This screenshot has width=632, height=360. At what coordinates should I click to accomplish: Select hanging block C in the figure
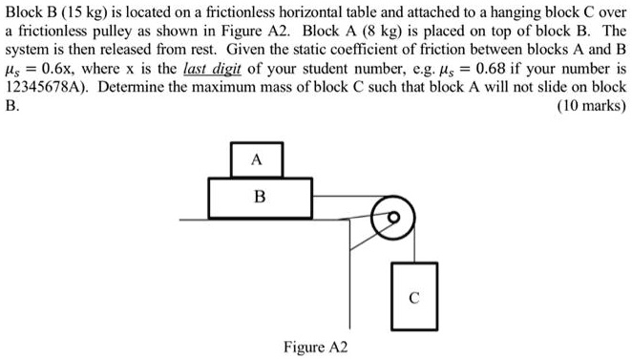click(411, 296)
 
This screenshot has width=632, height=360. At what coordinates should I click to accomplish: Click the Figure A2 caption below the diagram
click(316, 345)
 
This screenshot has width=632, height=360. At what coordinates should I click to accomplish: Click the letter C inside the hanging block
click(411, 297)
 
